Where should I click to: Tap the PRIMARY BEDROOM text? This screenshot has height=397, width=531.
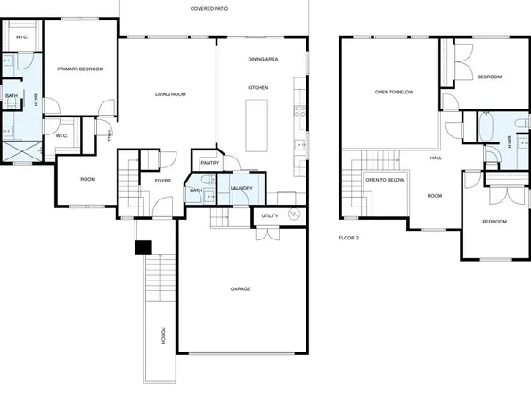point(81,69)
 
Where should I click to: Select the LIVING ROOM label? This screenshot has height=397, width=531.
point(169,93)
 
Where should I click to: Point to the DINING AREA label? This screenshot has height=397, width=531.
point(264,59)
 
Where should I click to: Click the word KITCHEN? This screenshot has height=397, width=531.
point(258,87)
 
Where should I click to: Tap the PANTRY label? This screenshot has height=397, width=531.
point(210,163)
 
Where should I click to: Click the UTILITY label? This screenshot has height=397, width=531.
point(269,215)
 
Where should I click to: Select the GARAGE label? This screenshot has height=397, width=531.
point(241,289)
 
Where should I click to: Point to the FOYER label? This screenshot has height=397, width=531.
point(163,181)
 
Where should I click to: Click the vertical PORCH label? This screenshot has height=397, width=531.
point(163,336)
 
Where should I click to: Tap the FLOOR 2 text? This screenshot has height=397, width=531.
point(348,238)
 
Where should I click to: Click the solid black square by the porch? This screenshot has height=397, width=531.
point(141,248)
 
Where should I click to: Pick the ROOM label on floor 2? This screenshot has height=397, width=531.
point(435,195)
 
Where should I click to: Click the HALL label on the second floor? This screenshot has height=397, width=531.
point(436,158)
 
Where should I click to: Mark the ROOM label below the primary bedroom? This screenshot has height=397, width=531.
point(87,179)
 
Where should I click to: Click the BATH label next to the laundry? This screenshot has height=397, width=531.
point(195,190)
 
